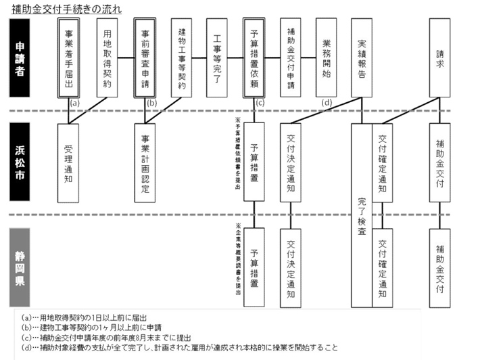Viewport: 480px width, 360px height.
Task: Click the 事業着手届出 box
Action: tap(71, 59)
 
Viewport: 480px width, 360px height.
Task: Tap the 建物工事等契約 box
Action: tap(182, 59)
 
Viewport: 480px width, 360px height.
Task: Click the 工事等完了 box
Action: tap(218, 59)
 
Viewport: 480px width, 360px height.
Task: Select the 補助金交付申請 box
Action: tap(291, 59)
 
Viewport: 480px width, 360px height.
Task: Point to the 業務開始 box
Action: tap(327, 59)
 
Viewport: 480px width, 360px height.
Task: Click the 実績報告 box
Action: tap(363, 59)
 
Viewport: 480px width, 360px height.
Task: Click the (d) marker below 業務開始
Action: tap(327, 103)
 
